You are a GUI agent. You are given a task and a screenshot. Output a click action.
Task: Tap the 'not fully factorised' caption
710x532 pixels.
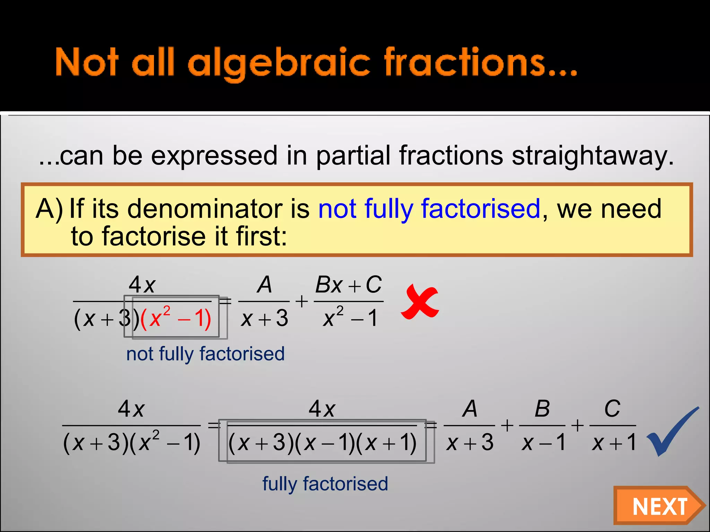coord(205,354)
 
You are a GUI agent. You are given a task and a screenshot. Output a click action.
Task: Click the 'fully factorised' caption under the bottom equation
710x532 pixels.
coord(325,484)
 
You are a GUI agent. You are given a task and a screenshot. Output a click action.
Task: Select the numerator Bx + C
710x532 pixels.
coord(348,285)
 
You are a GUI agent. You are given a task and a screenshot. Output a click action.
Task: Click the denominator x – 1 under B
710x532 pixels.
coord(543,443)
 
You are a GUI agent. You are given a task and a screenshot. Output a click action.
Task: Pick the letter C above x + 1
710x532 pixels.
coord(612,409)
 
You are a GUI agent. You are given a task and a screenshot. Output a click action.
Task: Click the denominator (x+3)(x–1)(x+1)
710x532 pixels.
coord(322,443)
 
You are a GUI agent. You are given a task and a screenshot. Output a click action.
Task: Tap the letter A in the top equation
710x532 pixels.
coord(265,285)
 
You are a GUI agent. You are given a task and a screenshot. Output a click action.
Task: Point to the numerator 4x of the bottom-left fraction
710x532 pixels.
coord(131,409)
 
